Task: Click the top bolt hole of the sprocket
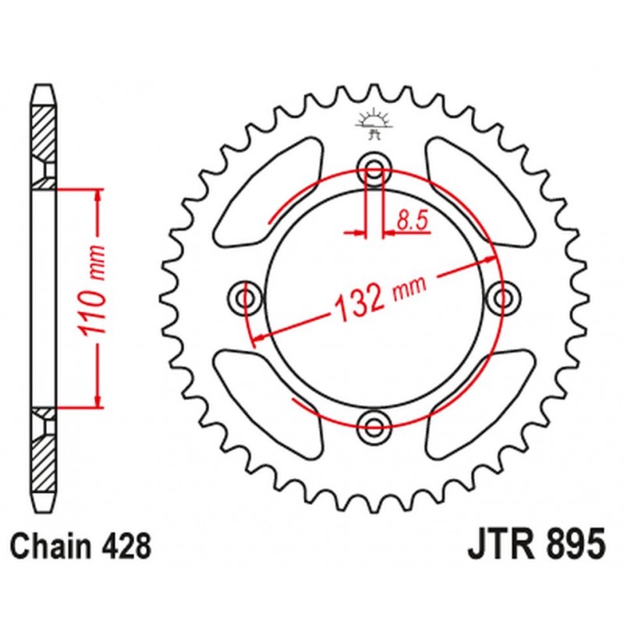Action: [375, 172]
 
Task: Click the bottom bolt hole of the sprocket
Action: [375, 424]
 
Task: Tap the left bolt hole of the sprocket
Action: [248, 297]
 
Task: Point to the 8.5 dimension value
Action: [413, 222]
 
